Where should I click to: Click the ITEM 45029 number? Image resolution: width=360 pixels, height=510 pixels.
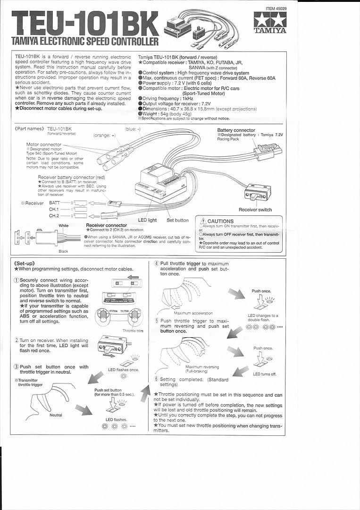tap(277, 8)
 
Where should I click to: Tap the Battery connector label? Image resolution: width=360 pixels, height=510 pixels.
tap(236, 130)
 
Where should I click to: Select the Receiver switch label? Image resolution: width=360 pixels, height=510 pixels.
tap(255, 210)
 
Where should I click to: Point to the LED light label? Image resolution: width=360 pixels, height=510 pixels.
tap(147, 220)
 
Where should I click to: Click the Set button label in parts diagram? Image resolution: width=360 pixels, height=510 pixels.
tap(177, 220)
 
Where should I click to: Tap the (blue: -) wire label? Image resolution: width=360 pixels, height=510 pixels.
tap(134, 128)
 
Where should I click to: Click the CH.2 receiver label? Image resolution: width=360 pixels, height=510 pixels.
tap(54, 215)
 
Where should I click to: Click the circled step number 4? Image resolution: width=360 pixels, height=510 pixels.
tap(157, 263)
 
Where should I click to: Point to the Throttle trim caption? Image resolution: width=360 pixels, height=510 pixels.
tap(133, 331)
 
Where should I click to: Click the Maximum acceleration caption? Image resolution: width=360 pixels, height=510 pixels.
tap(193, 313)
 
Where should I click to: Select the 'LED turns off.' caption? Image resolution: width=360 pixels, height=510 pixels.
tap(265, 374)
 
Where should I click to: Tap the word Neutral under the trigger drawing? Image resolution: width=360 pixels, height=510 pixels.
tap(56, 415)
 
